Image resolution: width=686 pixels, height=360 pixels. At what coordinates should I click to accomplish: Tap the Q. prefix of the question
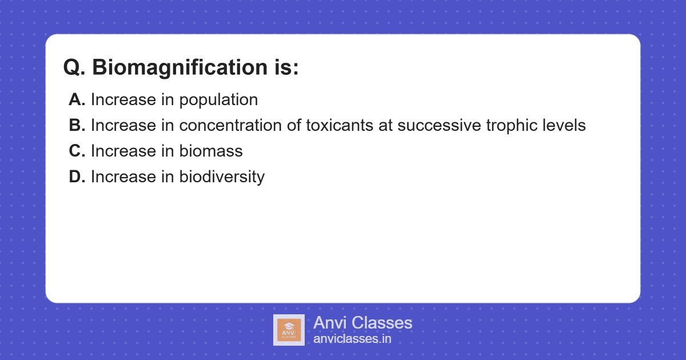coord(75,68)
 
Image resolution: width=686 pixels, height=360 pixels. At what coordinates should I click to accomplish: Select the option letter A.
coord(77,100)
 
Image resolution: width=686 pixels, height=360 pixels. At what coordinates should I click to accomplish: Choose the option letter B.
coord(77,126)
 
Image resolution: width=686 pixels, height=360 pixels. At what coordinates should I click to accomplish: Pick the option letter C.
coord(77,151)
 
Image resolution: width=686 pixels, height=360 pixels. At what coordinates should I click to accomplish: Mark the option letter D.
coord(77,177)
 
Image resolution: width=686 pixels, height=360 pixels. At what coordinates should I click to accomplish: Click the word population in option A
coord(218,101)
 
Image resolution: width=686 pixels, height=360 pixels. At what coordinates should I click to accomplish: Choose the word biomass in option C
coord(211,151)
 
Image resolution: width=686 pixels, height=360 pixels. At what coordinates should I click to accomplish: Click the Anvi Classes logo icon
coord(289,330)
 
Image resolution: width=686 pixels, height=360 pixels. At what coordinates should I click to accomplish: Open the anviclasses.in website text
coord(352,339)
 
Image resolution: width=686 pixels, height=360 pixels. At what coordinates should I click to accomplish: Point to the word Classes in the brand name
coord(382,323)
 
